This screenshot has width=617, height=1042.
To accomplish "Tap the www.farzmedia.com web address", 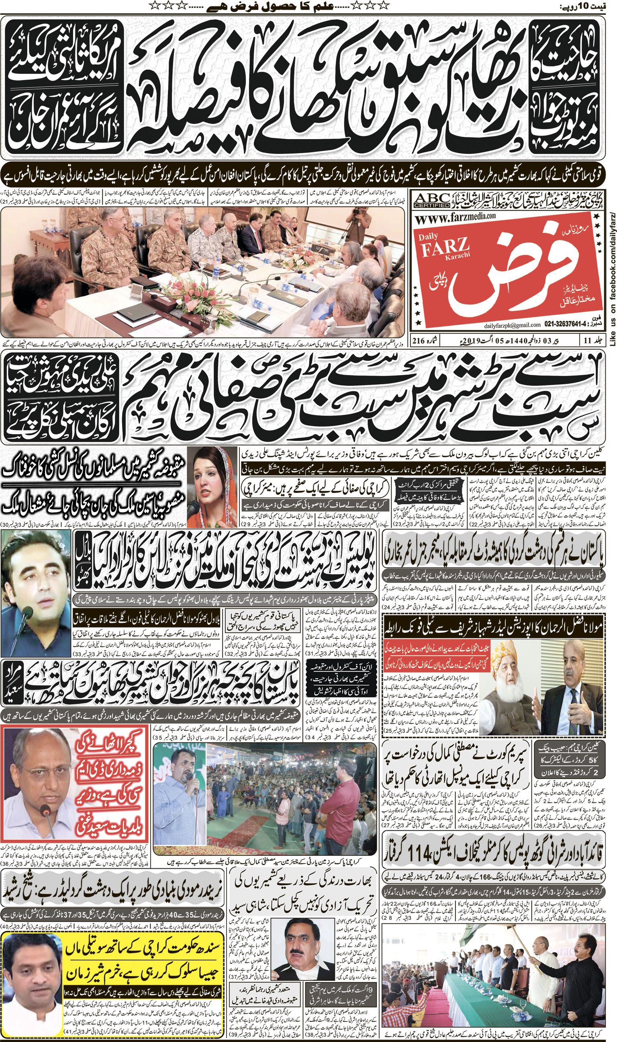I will [455, 217].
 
